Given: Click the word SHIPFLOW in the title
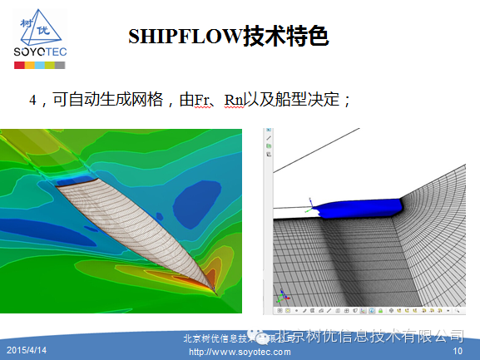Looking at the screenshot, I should coord(184,36).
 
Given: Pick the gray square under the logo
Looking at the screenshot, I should coord(61,63).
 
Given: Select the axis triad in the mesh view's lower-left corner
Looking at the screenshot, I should coord(284,296).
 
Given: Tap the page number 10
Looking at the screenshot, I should coord(457,352).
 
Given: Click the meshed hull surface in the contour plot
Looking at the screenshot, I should coord(141,224).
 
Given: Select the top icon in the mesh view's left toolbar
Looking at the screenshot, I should coord(269,135).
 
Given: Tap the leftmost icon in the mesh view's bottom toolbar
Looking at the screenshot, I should coord(277,310).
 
